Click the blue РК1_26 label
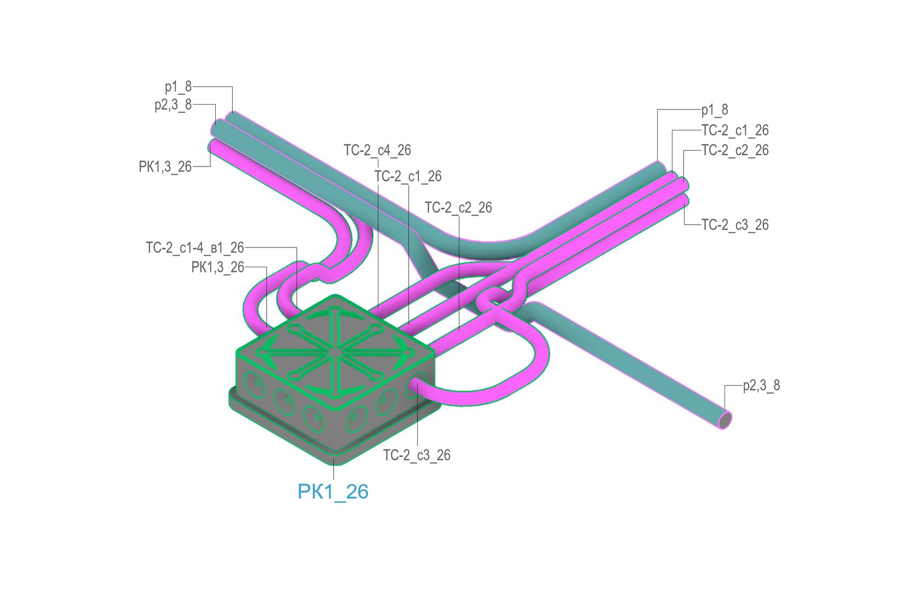[333, 492]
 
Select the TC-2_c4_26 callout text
[377, 151]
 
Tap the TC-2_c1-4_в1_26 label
[195, 248]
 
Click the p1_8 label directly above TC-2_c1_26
[715, 110]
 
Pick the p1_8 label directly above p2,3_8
[179, 87]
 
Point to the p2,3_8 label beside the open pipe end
[761, 386]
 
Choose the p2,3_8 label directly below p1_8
[173, 105]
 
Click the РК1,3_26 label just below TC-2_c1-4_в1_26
[218, 267]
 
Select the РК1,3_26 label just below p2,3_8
[165, 167]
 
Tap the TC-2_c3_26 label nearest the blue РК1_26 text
[417, 455]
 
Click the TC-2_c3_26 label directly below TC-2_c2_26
[735, 225]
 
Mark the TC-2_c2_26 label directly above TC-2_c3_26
[735, 151]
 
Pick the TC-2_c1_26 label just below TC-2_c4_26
[408, 176]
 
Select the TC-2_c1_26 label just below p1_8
[735, 130]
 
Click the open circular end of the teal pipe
[725, 420]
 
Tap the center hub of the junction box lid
[336, 353]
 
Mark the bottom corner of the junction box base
[334, 464]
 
